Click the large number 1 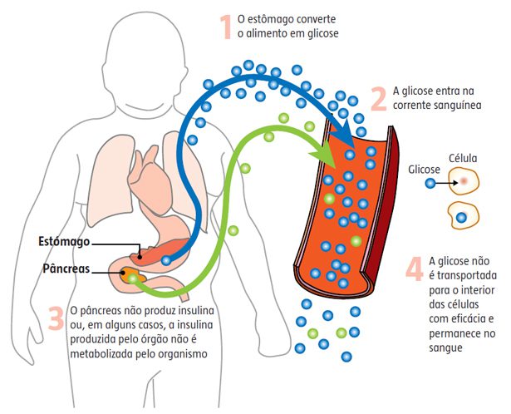(224, 25)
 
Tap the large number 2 (378, 98)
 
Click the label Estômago (63, 242)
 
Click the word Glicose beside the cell (424, 168)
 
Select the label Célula (464, 157)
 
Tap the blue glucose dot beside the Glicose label (430, 182)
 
